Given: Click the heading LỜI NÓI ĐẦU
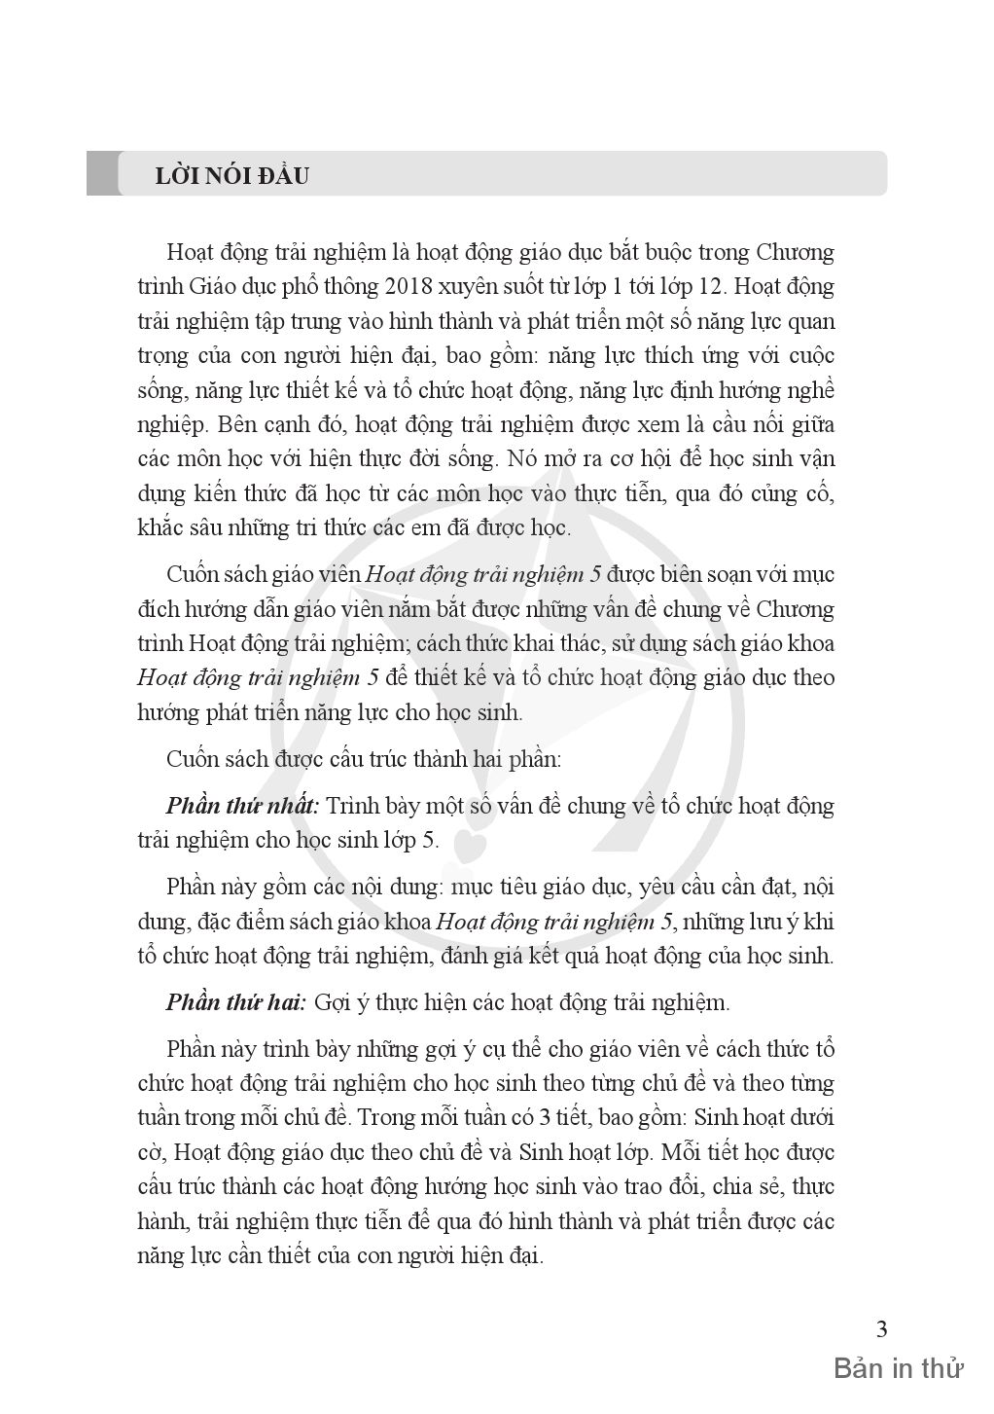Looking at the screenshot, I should click(x=231, y=176).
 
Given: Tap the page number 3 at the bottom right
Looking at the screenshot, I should click(x=881, y=1329).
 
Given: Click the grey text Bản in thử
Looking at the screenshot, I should click(x=898, y=1370).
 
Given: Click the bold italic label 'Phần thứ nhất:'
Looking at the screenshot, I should click(x=242, y=807).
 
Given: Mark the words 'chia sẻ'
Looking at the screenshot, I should click(x=752, y=1187).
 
